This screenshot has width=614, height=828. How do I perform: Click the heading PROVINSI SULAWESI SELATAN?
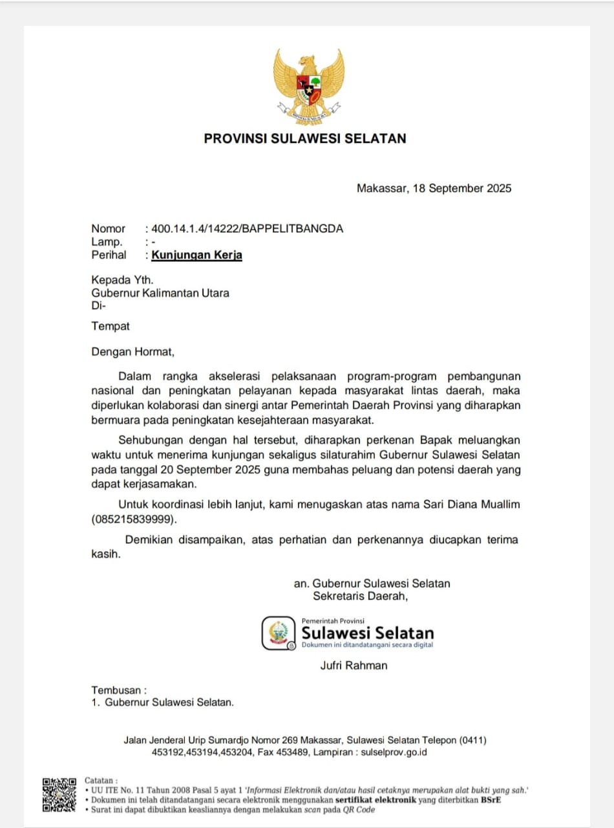(305, 138)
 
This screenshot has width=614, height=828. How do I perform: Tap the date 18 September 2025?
(460, 189)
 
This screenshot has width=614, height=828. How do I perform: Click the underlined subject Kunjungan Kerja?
(197, 255)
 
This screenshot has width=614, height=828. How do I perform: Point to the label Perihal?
(109, 255)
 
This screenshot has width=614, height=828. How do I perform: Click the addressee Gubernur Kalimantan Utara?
(160, 293)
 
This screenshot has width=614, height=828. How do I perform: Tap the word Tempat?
(111, 327)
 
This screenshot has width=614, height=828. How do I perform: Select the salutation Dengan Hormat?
(132, 353)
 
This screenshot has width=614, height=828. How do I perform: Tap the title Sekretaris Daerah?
(360, 596)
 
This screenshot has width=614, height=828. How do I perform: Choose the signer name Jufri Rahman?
(354, 666)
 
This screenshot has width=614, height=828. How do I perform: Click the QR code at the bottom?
(59, 795)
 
